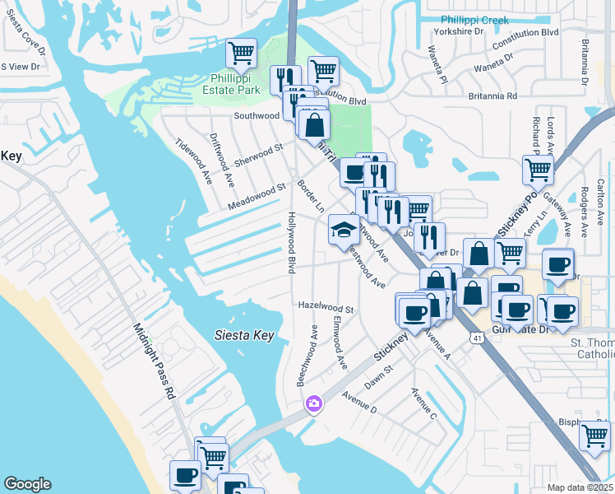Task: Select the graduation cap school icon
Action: coord(341,229)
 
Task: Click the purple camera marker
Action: coord(313,403)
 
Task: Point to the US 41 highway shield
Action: coord(477,338)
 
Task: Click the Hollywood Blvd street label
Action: coord(291,242)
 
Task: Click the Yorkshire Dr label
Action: coord(461,31)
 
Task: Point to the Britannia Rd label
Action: coord(488,96)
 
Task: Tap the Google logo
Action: coord(27,484)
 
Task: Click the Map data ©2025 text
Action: coord(580,487)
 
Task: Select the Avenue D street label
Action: coord(359,401)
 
